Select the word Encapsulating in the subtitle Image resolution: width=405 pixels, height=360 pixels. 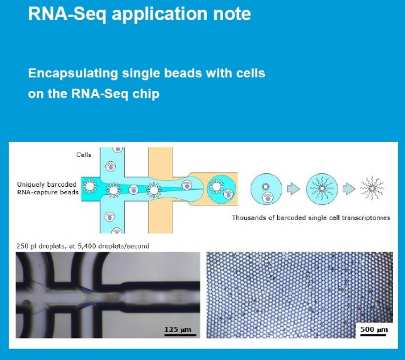[x=73, y=73]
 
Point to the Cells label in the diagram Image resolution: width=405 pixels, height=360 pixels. [x=83, y=154]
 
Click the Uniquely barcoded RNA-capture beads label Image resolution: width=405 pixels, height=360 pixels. [x=48, y=188]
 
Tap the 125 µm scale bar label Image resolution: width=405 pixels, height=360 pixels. [x=178, y=329]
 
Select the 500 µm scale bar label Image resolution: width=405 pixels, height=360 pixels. [x=374, y=329]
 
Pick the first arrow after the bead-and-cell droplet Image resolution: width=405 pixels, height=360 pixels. [x=293, y=189]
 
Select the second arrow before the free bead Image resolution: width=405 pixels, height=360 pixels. [x=349, y=189]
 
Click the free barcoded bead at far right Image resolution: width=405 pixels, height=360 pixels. [x=372, y=189]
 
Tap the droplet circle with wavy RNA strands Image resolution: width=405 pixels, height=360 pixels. [x=322, y=189]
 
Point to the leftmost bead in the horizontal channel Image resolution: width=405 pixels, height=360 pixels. [x=90, y=186]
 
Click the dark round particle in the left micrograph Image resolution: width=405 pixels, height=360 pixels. [x=26, y=303]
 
